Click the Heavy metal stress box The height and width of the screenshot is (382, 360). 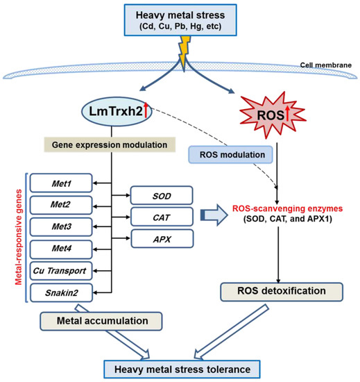[180, 20]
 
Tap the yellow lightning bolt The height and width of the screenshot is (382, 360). [184, 52]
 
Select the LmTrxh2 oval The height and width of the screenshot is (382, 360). [117, 112]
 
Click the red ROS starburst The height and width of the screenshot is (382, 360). [273, 115]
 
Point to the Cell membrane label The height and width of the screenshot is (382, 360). [326, 65]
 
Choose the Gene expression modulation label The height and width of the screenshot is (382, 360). [110, 144]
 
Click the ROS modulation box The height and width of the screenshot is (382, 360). [230, 154]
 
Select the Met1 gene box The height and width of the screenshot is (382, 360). [61, 183]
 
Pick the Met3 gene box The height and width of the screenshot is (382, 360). [61, 226]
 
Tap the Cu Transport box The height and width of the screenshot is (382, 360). [61, 271]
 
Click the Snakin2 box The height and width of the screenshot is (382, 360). [61, 292]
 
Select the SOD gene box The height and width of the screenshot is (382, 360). [162, 195]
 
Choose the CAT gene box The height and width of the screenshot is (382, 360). [162, 217]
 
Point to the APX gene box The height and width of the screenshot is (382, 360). [162, 239]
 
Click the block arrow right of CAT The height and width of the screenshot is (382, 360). [214, 215]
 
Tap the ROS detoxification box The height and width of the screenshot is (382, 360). [282, 292]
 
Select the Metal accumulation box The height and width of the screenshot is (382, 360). [101, 321]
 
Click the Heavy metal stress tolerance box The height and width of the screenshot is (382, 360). [182, 369]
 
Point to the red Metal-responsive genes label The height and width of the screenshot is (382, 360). [19, 237]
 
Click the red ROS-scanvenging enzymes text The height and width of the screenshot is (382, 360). [287, 208]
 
